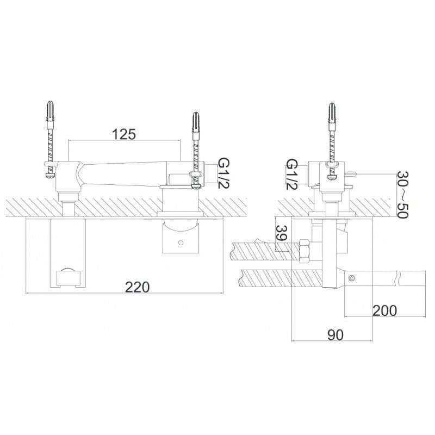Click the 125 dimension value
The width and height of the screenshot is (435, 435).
coord(124,134)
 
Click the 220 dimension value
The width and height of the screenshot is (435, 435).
coord(138,287)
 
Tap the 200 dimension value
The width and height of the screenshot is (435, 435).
coord(384,310)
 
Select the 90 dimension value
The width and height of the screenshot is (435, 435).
coord(335,335)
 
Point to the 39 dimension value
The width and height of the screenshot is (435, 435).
coord(282,233)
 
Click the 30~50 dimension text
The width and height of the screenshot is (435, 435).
coord(402,195)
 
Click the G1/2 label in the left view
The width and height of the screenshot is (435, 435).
coord(224,173)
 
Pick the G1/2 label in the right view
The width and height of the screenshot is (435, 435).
coord(292,174)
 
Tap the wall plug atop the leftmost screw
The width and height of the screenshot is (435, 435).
coord(50,111)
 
